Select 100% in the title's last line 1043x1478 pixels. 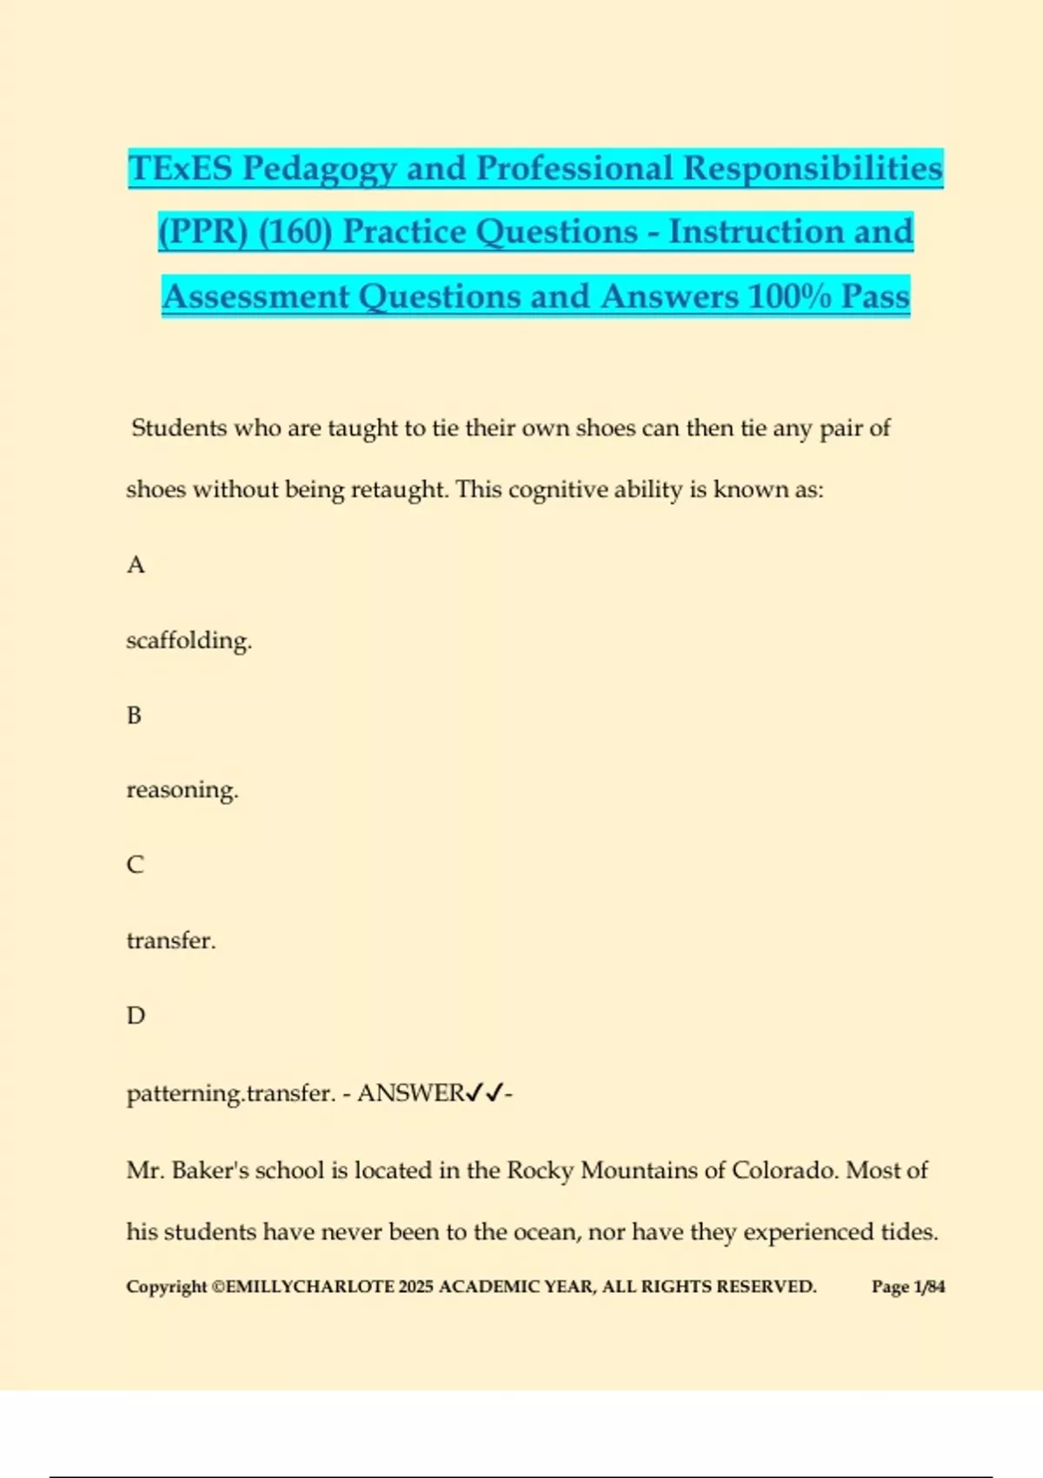tap(789, 296)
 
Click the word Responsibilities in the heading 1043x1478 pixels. tap(812, 169)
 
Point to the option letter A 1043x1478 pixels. tap(136, 565)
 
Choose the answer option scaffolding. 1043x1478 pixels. tap(189, 641)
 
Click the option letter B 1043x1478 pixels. tap(135, 716)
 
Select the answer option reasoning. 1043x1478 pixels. tap(182, 790)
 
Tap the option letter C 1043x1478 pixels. tap(136, 865)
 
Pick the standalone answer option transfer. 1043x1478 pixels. tap(170, 941)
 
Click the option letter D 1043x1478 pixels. tap(136, 1015)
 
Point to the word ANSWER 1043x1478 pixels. tap(410, 1093)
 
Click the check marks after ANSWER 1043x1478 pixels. tap(484, 1093)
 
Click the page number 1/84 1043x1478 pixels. tap(928, 1287)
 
